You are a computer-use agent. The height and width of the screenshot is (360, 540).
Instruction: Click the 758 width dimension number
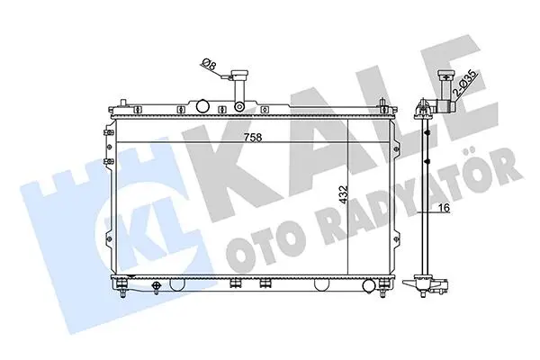coord(253,138)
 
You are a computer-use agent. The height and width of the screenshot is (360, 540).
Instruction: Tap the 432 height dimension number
coord(344,195)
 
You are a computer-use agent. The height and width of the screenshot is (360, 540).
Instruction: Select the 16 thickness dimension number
coord(445,208)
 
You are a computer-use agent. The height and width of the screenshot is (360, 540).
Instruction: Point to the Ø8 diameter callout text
coord(209,64)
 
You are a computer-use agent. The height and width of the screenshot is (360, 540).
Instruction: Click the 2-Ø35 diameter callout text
coord(464,84)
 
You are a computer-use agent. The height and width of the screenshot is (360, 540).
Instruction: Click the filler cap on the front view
coord(239,74)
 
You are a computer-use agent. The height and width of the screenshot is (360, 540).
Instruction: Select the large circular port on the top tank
coord(202,106)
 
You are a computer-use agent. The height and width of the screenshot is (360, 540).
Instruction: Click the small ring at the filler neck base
coord(239,107)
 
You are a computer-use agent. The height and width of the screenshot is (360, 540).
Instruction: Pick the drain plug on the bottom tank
coord(157,287)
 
